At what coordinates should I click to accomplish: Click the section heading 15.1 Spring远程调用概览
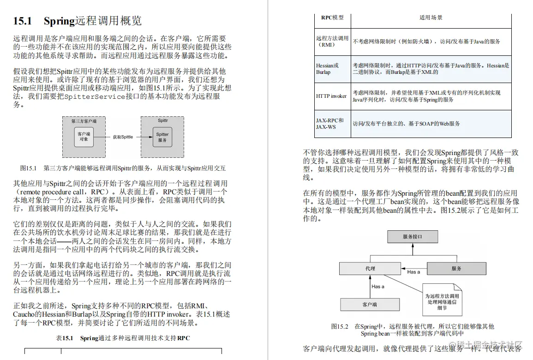point(77,21)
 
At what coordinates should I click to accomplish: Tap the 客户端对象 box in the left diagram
point(84,136)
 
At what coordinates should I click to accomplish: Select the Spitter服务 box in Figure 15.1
point(162,137)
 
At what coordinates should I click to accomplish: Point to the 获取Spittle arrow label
point(123,137)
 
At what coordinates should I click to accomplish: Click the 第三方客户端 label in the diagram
point(84,121)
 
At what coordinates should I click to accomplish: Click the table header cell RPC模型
point(332,18)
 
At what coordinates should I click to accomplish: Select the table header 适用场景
point(431,18)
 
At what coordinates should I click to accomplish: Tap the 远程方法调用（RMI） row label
point(332,42)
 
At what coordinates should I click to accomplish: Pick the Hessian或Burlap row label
point(327,69)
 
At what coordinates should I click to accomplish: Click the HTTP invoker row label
point(331,96)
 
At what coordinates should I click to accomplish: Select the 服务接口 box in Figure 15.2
point(412,237)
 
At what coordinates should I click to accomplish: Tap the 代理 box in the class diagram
point(370,268)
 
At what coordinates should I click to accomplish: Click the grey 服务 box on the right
point(456,268)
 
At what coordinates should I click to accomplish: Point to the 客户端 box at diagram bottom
point(370,305)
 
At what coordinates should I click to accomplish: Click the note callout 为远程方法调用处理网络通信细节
point(441,299)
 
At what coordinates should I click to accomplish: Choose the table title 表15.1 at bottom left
point(123,338)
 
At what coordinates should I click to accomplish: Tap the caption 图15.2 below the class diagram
point(412,330)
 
